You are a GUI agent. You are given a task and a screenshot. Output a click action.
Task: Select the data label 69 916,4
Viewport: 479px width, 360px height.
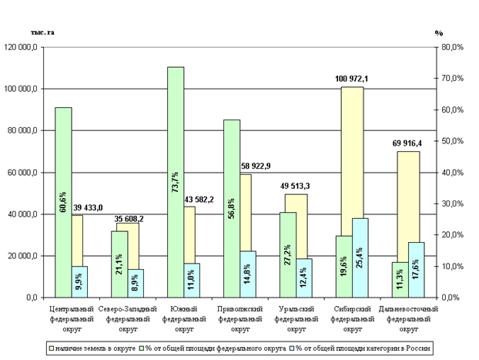(x=408, y=143)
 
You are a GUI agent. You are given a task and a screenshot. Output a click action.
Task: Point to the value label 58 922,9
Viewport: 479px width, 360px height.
(x=256, y=167)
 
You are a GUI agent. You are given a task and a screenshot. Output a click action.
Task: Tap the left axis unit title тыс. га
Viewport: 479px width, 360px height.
(x=42, y=32)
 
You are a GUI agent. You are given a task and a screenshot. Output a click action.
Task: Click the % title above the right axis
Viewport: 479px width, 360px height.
(x=439, y=33)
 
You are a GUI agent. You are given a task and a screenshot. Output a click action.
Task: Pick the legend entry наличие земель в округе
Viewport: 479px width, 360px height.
(x=92, y=349)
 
